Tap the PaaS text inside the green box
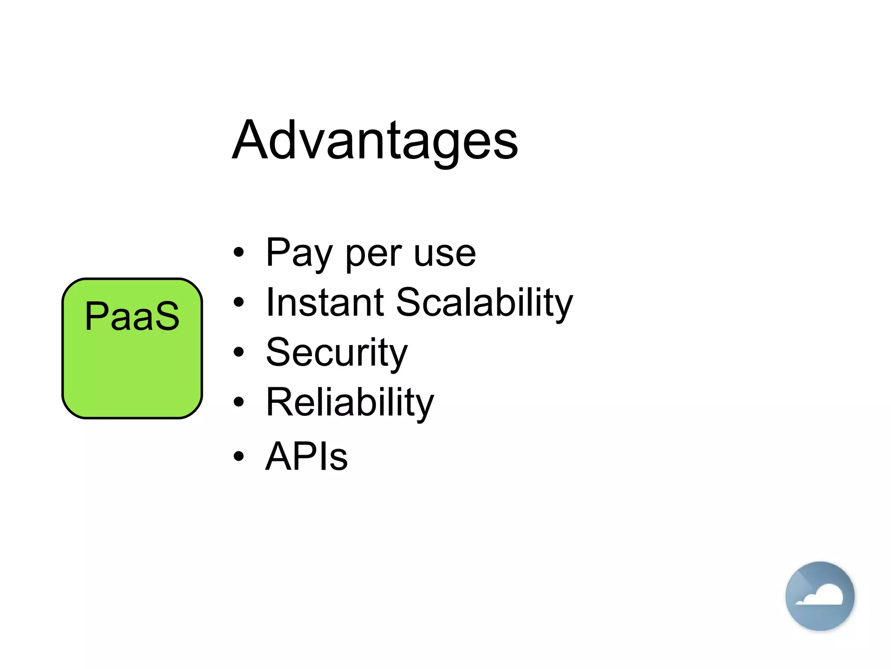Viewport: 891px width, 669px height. point(132,316)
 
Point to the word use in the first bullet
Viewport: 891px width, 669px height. point(445,254)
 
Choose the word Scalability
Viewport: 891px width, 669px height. point(484,304)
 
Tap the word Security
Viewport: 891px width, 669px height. point(336,353)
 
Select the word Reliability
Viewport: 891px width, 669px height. point(349,403)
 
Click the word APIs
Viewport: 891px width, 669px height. point(306,456)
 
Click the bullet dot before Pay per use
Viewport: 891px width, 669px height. point(238,252)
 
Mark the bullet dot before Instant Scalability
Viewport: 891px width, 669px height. point(238,302)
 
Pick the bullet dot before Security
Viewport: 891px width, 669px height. point(238,351)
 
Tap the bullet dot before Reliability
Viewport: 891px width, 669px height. point(238,402)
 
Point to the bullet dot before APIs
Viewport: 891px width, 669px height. point(238,456)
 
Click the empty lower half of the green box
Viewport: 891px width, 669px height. point(132,379)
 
